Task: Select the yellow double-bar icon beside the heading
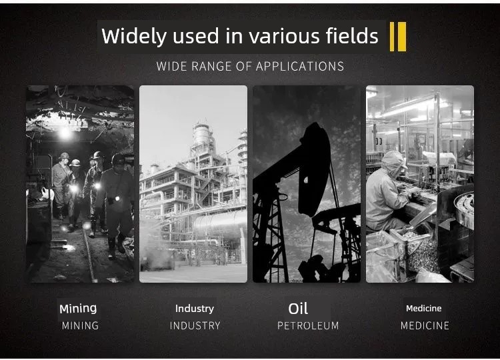[398, 37]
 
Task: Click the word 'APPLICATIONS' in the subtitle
[300, 66]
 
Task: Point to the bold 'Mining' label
[78, 309]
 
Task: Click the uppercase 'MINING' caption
[80, 325]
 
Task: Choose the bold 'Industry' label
[195, 309]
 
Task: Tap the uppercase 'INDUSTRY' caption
[195, 325]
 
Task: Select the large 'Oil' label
[298, 309]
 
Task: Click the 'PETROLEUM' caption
[308, 325]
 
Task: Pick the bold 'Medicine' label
[424, 309]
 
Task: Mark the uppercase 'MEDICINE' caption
[425, 325]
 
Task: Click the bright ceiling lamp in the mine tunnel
[65, 132]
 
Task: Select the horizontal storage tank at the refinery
[219, 224]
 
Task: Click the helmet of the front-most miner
[118, 159]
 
